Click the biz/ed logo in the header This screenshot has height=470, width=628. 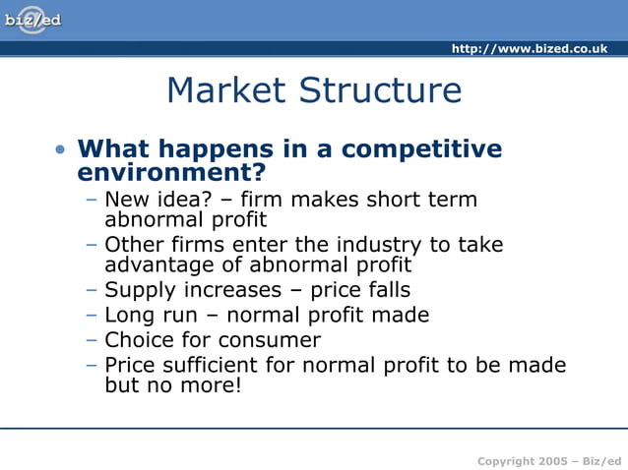(32, 20)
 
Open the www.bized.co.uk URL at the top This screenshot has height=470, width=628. (529, 49)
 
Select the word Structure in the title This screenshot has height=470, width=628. (381, 90)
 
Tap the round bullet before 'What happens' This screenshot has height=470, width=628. (61, 150)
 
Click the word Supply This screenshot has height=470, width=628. (137, 290)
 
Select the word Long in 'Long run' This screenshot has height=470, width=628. (128, 315)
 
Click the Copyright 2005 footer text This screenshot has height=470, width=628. (549, 461)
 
